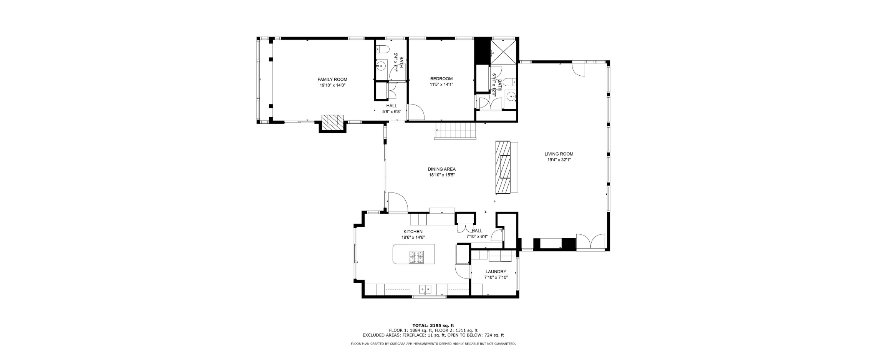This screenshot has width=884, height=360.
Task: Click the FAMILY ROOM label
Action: (x=332, y=80)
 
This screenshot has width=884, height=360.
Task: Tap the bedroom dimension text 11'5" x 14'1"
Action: (x=441, y=85)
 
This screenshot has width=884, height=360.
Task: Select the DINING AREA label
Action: (x=442, y=169)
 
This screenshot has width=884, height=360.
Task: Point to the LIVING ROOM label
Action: (x=559, y=154)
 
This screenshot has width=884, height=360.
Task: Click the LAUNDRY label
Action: (x=496, y=272)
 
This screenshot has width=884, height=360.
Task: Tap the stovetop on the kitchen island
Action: (x=416, y=257)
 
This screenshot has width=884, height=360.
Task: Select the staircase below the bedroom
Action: (x=456, y=131)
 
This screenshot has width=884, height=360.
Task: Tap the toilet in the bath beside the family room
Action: (x=382, y=48)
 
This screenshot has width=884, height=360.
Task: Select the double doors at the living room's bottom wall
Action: (x=590, y=242)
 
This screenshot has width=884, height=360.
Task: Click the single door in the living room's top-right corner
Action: (x=579, y=69)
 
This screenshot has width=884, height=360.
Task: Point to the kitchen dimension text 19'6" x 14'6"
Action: (x=413, y=237)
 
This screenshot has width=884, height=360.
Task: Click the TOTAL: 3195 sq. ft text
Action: (x=433, y=325)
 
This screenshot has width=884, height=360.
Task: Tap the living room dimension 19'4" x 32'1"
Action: (x=559, y=160)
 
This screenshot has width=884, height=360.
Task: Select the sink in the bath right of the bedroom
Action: (x=511, y=96)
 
